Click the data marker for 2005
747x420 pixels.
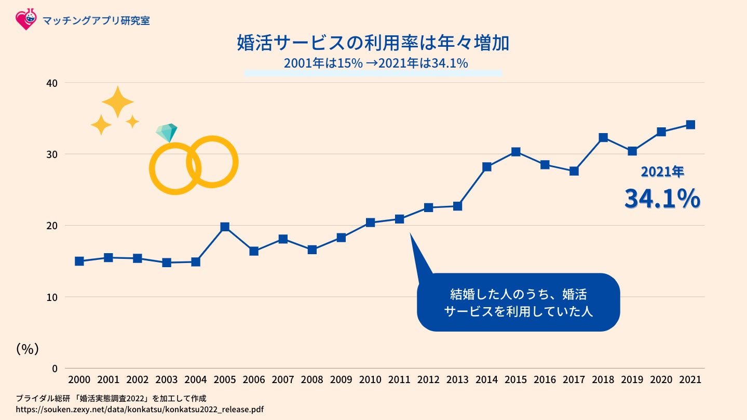[x=225, y=227]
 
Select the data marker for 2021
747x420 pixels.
[x=690, y=125]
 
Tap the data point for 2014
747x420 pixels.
[x=487, y=167]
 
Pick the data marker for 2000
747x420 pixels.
[x=79, y=261]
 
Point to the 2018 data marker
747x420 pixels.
[x=603, y=138]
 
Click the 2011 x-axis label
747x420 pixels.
[x=399, y=380]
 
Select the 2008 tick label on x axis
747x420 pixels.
[x=312, y=380]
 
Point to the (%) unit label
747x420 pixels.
[x=28, y=349]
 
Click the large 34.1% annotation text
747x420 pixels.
[x=662, y=199]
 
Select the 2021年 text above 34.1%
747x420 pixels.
[x=662, y=172]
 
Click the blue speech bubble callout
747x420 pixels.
[x=518, y=303]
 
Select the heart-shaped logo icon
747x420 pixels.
[x=25, y=19]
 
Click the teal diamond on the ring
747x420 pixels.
[x=167, y=133]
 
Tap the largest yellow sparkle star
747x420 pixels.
[x=118, y=102]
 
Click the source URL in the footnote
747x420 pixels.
[x=140, y=410]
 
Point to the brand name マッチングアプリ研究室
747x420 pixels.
[x=97, y=21]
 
